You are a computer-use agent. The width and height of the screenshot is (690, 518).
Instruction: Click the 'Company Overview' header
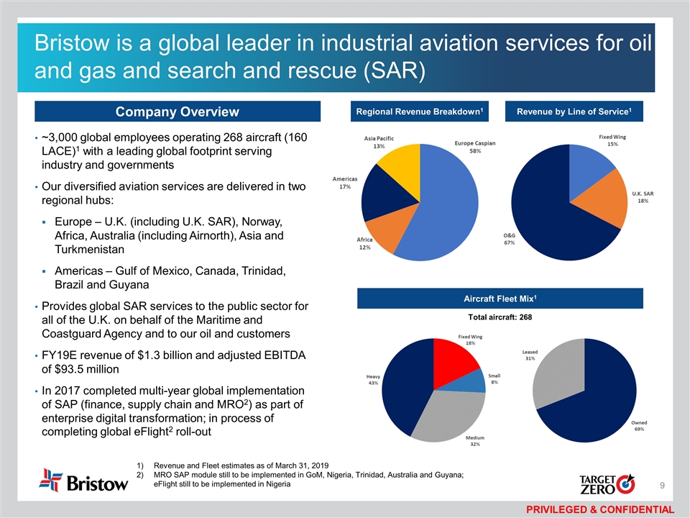point(178,112)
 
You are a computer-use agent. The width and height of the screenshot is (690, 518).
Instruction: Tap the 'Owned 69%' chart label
point(638,426)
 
